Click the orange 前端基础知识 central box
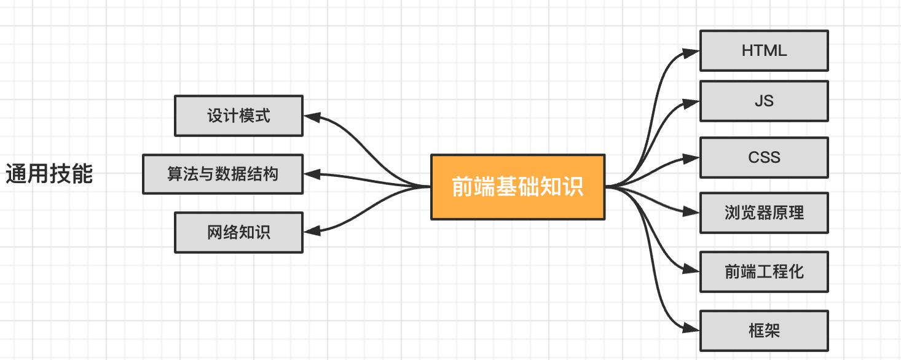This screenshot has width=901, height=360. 517,187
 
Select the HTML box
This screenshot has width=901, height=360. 764,50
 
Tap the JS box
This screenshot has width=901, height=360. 764,101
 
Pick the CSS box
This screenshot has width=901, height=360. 764,157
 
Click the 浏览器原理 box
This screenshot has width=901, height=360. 764,213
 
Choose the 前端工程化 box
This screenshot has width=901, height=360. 764,272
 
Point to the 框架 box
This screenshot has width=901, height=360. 764,331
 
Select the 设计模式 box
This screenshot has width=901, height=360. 238,115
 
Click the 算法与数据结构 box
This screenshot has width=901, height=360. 222,174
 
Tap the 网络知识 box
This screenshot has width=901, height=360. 238,232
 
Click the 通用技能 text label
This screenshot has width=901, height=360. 49,174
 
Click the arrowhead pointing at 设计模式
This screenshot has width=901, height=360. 312,115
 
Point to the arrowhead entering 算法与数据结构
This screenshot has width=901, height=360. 312,174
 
